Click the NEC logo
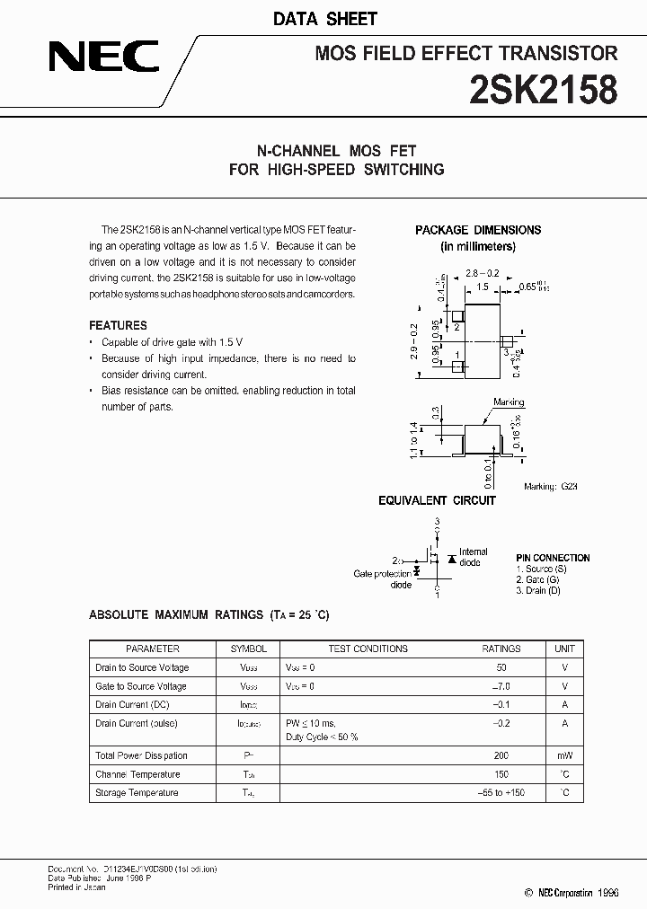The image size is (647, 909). coord(103,58)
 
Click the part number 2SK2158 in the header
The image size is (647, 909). coord(543,91)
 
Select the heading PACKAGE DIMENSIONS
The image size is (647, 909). coord(477,230)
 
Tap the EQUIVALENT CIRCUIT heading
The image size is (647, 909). coord(437,500)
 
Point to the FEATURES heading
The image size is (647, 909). coord(118,325)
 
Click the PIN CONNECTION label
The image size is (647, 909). coord(553,558)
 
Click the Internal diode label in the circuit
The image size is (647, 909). coord(473,557)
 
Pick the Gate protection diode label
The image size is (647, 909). coord(383,579)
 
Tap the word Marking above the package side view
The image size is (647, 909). coord(509,403)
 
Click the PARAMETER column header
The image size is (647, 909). coord(153,649)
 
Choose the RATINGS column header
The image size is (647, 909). coord(501,649)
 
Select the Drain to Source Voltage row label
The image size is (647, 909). coord(142,667)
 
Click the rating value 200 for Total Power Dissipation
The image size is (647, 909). coord(501,755)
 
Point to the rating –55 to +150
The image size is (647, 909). coord(501,792)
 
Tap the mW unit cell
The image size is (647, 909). coord(564,755)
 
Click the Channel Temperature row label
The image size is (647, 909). coord(137,774)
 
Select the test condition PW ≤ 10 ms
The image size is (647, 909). coord(311,723)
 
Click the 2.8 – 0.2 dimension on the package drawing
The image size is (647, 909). coord(483,272)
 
